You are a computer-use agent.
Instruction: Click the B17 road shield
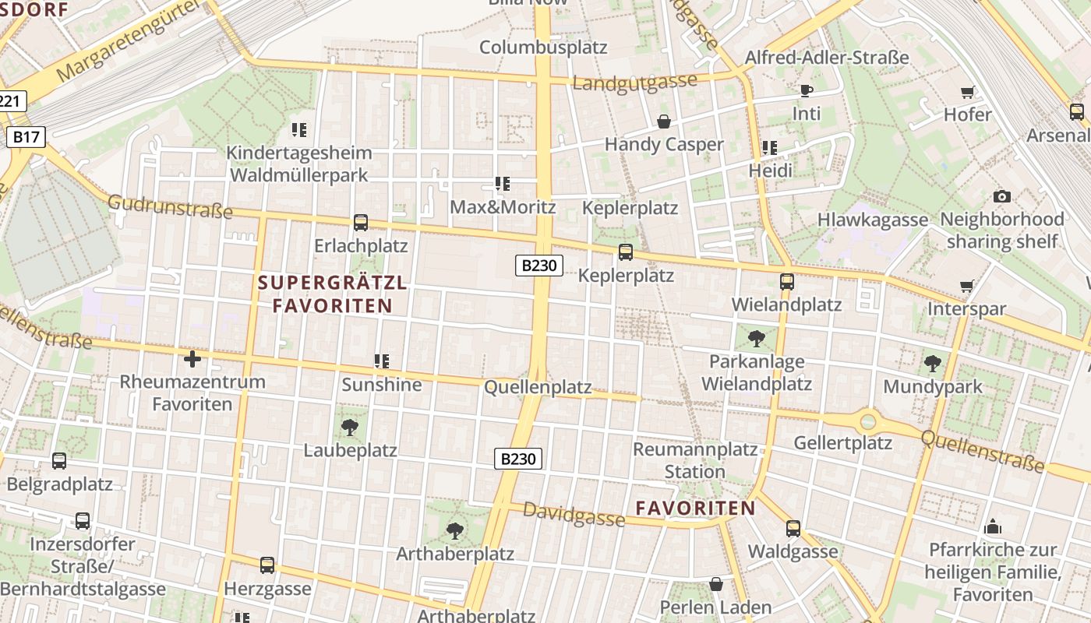coord(26,138)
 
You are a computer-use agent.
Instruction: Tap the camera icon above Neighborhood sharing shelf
coord(1002,196)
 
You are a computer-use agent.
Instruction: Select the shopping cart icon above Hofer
coord(968,93)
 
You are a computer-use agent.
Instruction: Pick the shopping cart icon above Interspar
coord(967,287)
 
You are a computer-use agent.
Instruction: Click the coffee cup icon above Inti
coord(807,91)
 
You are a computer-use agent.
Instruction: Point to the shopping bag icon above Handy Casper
coord(664,121)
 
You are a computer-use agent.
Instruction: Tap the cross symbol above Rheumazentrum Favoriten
coord(192,359)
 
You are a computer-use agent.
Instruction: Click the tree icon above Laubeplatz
coord(350,427)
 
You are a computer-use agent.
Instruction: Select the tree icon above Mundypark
coord(932,363)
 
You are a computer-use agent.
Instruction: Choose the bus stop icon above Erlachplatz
coord(361,223)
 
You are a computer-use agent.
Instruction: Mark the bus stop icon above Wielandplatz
coord(787,282)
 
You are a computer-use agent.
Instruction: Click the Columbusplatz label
coord(543,47)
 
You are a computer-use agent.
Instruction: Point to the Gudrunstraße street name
coord(170,207)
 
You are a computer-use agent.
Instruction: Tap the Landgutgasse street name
coord(634,82)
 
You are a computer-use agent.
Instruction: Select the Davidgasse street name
coord(574,514)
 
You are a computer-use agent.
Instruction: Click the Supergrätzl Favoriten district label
coord(333,294)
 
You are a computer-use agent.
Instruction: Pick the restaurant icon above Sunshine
coord(382,361)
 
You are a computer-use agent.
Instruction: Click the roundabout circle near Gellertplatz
coord(868,422)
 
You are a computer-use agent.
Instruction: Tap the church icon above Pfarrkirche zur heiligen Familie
coord(993,526)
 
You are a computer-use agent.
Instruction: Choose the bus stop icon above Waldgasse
coord(793,529)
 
